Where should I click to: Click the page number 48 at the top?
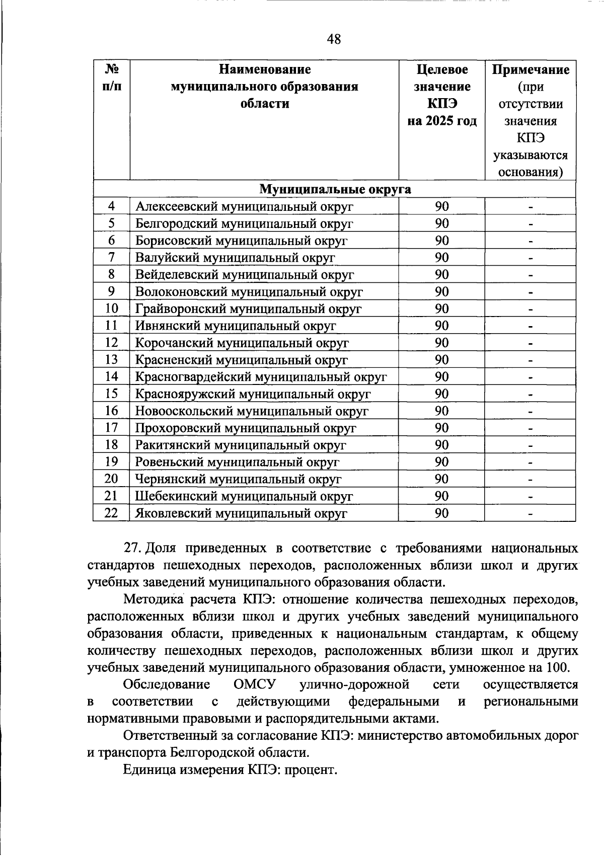coord(334,39)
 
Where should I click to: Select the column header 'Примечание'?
coord(530,69)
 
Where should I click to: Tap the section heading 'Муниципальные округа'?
coord(335,189)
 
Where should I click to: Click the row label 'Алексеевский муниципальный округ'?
coord(244,206)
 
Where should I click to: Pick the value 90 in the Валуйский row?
coord(441,258)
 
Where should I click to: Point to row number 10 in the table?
coord(111,308)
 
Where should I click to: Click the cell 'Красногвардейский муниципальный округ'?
coord(261,377)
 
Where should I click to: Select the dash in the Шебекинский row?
coord(530,497)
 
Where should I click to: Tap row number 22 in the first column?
coord(111,513)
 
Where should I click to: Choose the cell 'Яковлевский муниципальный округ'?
coord(241,514)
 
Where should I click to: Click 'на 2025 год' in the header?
coord(441,121)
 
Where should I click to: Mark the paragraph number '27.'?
coord(133,549)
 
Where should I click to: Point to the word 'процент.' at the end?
coord(311,770)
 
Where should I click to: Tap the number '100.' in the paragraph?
coord(557,668)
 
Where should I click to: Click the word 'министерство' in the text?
coord(406,736)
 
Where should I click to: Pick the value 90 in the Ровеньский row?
coord(441,462)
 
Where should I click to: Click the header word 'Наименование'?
coord(264,69)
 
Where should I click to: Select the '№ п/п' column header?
coord(111,78)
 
